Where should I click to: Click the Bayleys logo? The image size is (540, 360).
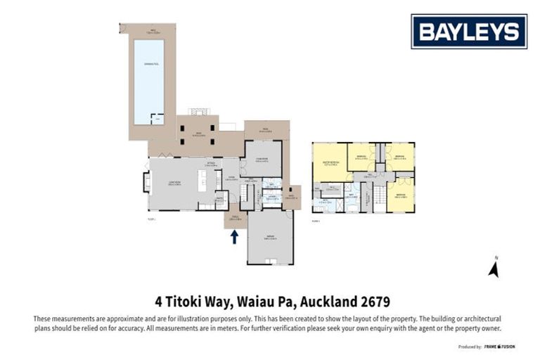coord(469,32)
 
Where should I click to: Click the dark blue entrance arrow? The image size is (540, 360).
coord(234,236)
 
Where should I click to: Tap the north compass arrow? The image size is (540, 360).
coord(494,269)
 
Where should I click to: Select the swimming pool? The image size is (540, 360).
coord(148,81)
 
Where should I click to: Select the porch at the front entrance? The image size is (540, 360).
coord(235,219)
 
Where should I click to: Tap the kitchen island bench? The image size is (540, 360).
coord(202,181)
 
